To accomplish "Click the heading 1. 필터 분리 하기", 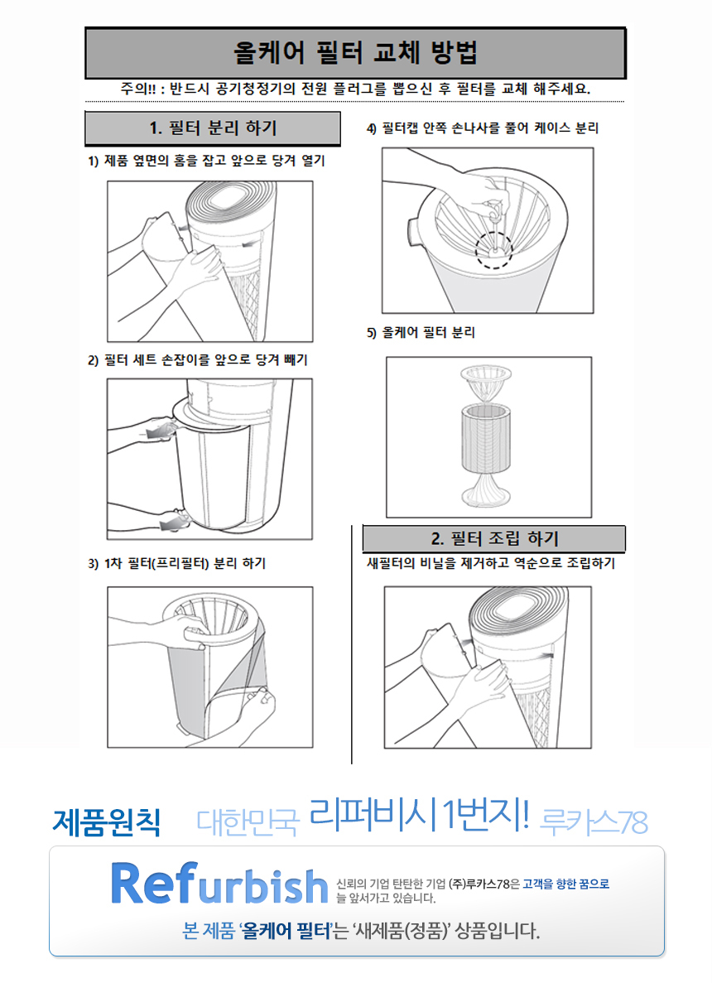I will coord(213,128).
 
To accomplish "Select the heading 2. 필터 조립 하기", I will coord(494,539).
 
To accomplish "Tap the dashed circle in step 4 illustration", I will coord(494,249).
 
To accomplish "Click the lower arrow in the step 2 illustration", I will coord(175,523).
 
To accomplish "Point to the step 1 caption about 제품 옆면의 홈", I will coord(206,161).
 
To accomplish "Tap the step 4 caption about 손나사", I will coord(483,128).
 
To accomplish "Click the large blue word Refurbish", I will coord(219,884).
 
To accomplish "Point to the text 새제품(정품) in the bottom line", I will coord(402,932).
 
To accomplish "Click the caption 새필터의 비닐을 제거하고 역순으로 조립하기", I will coord(490,563).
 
